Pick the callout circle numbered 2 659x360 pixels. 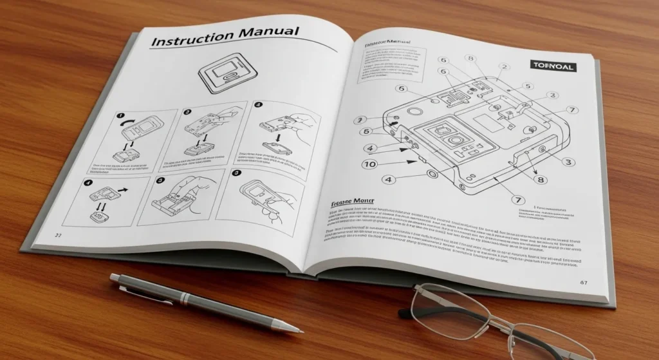pos(504,66)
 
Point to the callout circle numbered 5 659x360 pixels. pos(528,86)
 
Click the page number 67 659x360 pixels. pos(583,282)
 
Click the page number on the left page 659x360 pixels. pos(57,235)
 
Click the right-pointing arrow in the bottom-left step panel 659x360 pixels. pos(123,191)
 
